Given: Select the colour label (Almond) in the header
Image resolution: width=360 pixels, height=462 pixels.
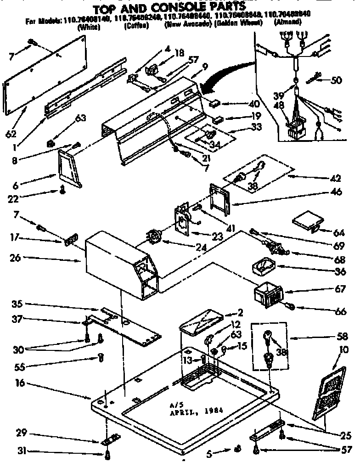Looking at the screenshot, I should (287, 22).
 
